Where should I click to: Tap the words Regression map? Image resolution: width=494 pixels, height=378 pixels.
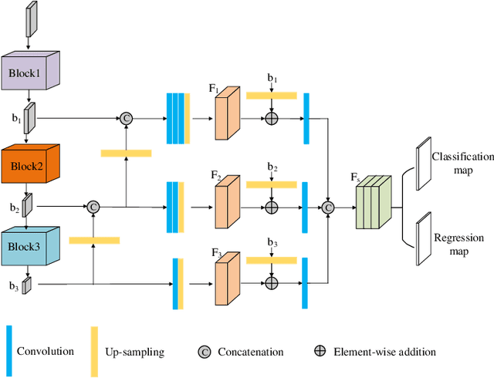[459, 244]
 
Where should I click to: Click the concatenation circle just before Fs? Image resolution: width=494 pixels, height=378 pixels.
[329, 207]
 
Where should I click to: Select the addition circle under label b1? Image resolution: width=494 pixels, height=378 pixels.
[271, 118]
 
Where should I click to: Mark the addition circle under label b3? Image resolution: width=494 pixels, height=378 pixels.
[271, 285]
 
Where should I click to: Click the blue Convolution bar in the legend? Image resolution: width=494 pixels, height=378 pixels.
[9, 351]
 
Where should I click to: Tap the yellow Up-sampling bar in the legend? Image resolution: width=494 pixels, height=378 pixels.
[95, 351]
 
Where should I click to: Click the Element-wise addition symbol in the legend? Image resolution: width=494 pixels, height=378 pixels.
[320, 352]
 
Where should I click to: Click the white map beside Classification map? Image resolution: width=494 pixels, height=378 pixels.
[421, 164]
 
